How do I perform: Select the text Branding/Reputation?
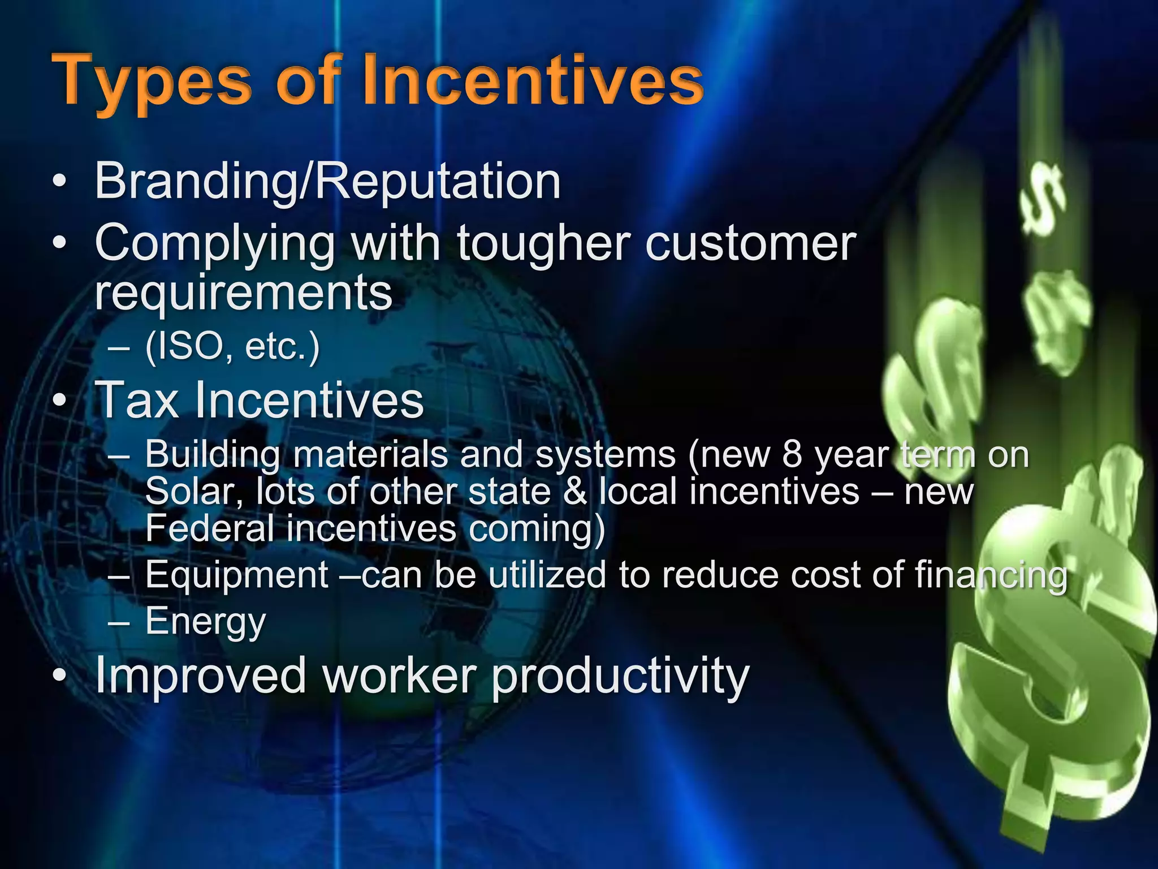click(327, 182)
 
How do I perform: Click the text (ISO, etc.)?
click(232, 346)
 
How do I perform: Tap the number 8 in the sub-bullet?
click(792, 454)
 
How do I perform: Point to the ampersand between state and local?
click(575, 491)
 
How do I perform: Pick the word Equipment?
click(237, 575)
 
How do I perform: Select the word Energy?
click(205, 621)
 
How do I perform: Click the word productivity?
click(620, 676)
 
